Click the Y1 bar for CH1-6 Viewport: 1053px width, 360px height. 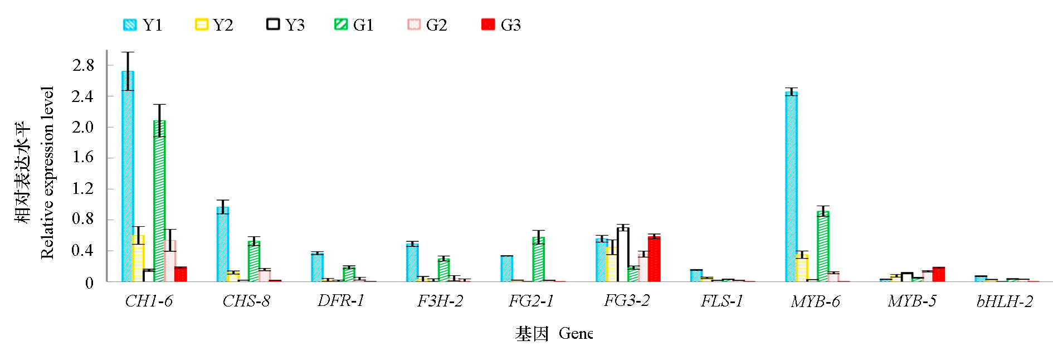(128, 178)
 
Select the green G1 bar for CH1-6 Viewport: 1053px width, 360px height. (159, 202)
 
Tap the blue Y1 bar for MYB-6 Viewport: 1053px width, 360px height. (791, 187)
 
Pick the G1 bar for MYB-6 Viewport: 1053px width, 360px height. (823, 246)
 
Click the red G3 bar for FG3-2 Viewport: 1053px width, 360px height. (654, 259)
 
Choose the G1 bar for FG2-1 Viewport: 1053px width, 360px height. (538, 260)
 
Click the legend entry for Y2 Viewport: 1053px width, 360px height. (214, 25)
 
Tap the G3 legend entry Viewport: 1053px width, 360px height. (501, 25)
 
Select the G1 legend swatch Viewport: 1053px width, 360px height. (341, 25)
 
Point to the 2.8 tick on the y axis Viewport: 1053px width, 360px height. (83, 65)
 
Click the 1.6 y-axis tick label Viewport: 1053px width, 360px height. (83, 157)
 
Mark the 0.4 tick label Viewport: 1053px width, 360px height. (83, 251)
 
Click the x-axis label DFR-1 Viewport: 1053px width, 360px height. (341, 301)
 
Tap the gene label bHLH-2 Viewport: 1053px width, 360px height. (1005, 301)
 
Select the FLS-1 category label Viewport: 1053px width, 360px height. (722, 301)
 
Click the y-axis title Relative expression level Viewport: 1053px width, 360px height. (47, 173)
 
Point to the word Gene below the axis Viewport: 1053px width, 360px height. (576, 334)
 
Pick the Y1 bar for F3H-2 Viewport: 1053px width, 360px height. (412, 262)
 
